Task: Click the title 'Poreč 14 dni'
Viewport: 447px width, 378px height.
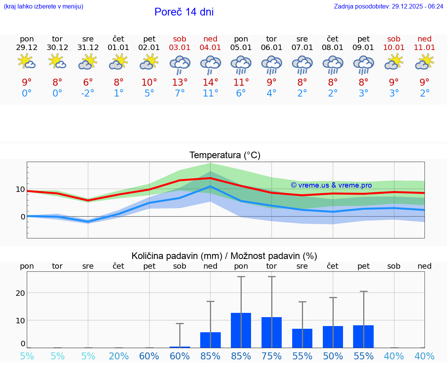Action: tap(184, 12)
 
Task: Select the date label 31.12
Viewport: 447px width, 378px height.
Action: tap(88, 48)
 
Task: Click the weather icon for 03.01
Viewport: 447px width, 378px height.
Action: tap(180, 64)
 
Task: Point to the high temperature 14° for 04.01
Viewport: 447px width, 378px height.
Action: tap(210, 82)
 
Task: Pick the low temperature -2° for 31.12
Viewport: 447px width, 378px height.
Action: tap(88, 93)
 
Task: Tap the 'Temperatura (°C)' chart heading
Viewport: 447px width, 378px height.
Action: tap(225, 155)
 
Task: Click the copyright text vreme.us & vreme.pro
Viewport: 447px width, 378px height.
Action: tap(331, 185)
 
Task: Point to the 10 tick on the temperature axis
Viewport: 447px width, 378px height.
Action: tap(20, 190)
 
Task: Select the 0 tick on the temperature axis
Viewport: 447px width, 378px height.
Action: tap(23, 217)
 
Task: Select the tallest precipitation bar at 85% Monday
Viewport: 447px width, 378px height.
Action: tap(241, 330)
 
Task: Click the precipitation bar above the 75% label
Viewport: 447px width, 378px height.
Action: tap(272, 332)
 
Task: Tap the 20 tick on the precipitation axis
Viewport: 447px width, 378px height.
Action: tap(20, 293)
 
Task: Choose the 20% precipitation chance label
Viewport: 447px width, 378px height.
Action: tap(119, 356)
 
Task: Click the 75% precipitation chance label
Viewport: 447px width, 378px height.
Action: tap(272, 356)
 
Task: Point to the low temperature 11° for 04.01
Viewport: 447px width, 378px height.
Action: tap(210, 93)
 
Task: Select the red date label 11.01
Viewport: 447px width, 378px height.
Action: tap(424, 48)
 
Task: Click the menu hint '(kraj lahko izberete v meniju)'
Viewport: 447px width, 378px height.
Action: tap(43, 7)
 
